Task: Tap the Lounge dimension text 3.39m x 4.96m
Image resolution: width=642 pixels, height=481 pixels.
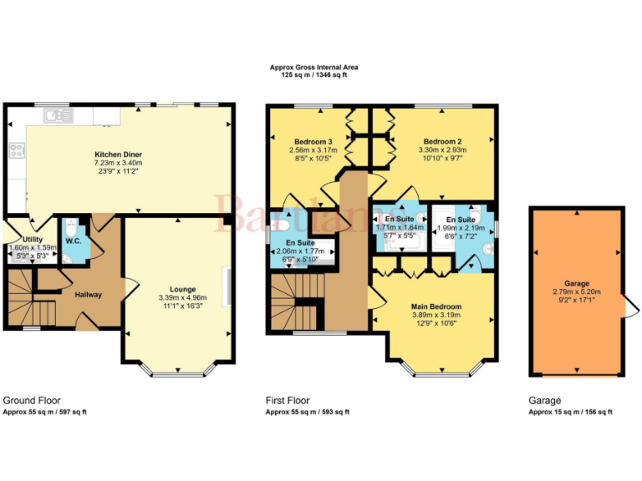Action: click(182, 298)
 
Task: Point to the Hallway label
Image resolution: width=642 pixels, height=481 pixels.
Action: click(89, 295)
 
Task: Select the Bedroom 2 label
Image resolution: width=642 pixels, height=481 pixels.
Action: click(442, 141)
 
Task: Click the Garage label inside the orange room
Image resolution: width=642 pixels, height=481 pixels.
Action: click(577, 283)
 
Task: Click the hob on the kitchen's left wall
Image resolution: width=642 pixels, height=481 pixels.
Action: click(16, 150)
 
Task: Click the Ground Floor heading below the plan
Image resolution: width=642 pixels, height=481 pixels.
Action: click(32, 401)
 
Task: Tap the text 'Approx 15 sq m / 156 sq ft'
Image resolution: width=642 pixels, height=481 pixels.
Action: click(570, 412)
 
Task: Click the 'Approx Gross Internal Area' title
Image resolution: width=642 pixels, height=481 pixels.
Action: click(314, 68)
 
